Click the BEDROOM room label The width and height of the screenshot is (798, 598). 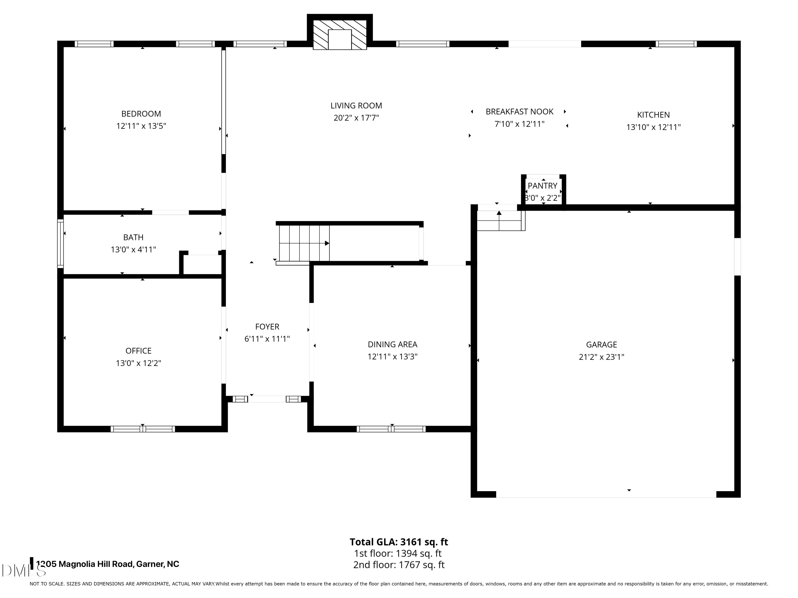(x=141, y=114)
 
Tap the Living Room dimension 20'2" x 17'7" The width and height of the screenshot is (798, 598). (x=356, y=118)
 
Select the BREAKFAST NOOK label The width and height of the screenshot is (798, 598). (x=519, y=112)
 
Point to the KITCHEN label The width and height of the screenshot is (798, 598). (x=653, y=115)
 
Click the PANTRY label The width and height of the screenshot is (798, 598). (x=543, y=186)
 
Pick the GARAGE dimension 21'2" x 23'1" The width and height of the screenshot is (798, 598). (x=601, y=357)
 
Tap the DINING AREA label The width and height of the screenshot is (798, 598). (x=393, y=345)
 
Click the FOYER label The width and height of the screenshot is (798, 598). (x=267, y=327)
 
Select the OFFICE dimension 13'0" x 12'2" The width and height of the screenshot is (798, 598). (x=139, y=363)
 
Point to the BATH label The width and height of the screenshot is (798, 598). (x=134, y=238)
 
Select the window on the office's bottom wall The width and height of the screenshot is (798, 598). (x=143, y=429)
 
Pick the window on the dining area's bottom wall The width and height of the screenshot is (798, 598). (x=391, y=429)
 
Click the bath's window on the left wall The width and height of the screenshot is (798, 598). (x=61, y=244)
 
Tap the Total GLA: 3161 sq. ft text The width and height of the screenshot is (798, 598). (x=399, y=542)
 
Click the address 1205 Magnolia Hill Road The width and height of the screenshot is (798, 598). (x=85, y=564)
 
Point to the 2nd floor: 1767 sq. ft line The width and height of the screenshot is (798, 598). (x=399, y=565)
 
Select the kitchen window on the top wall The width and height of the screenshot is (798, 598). (x=676, y=44)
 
